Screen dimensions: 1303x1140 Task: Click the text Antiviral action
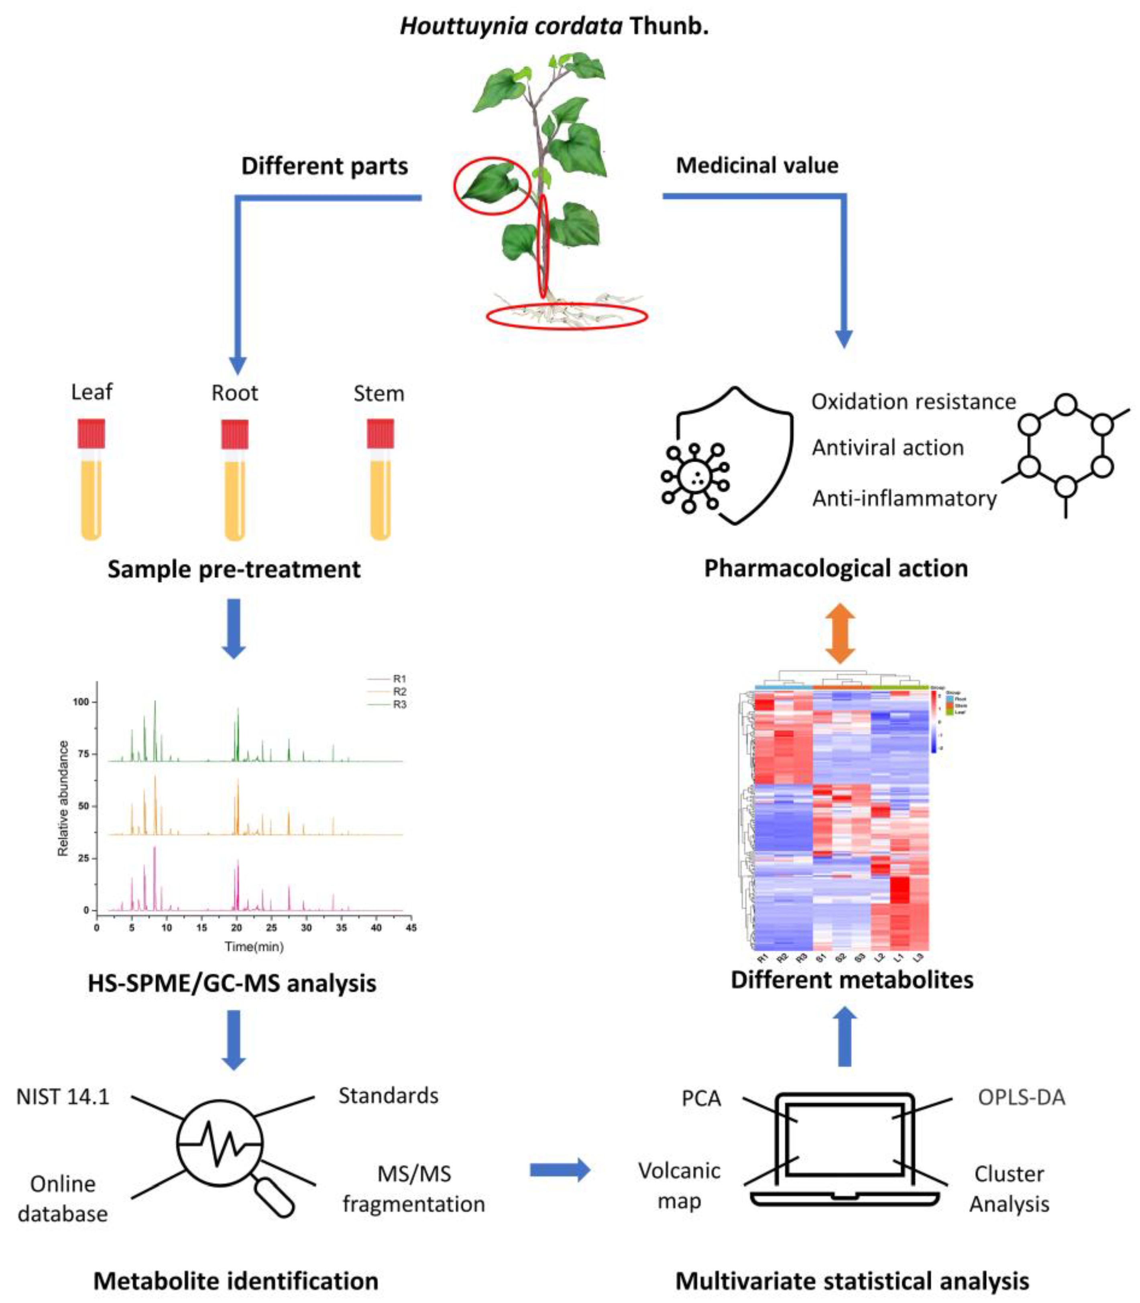pyautogui.click(x=888, y=448)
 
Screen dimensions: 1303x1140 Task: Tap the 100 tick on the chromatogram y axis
pyautogui.click(x=81, y=701)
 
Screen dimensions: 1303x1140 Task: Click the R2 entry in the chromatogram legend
pyautogui.click(x=399, y=692)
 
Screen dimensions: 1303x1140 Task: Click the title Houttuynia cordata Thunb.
pyautogui.click(x=554, y=26)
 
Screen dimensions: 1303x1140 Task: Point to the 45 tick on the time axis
pyautogui.click(x=411, y=928)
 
